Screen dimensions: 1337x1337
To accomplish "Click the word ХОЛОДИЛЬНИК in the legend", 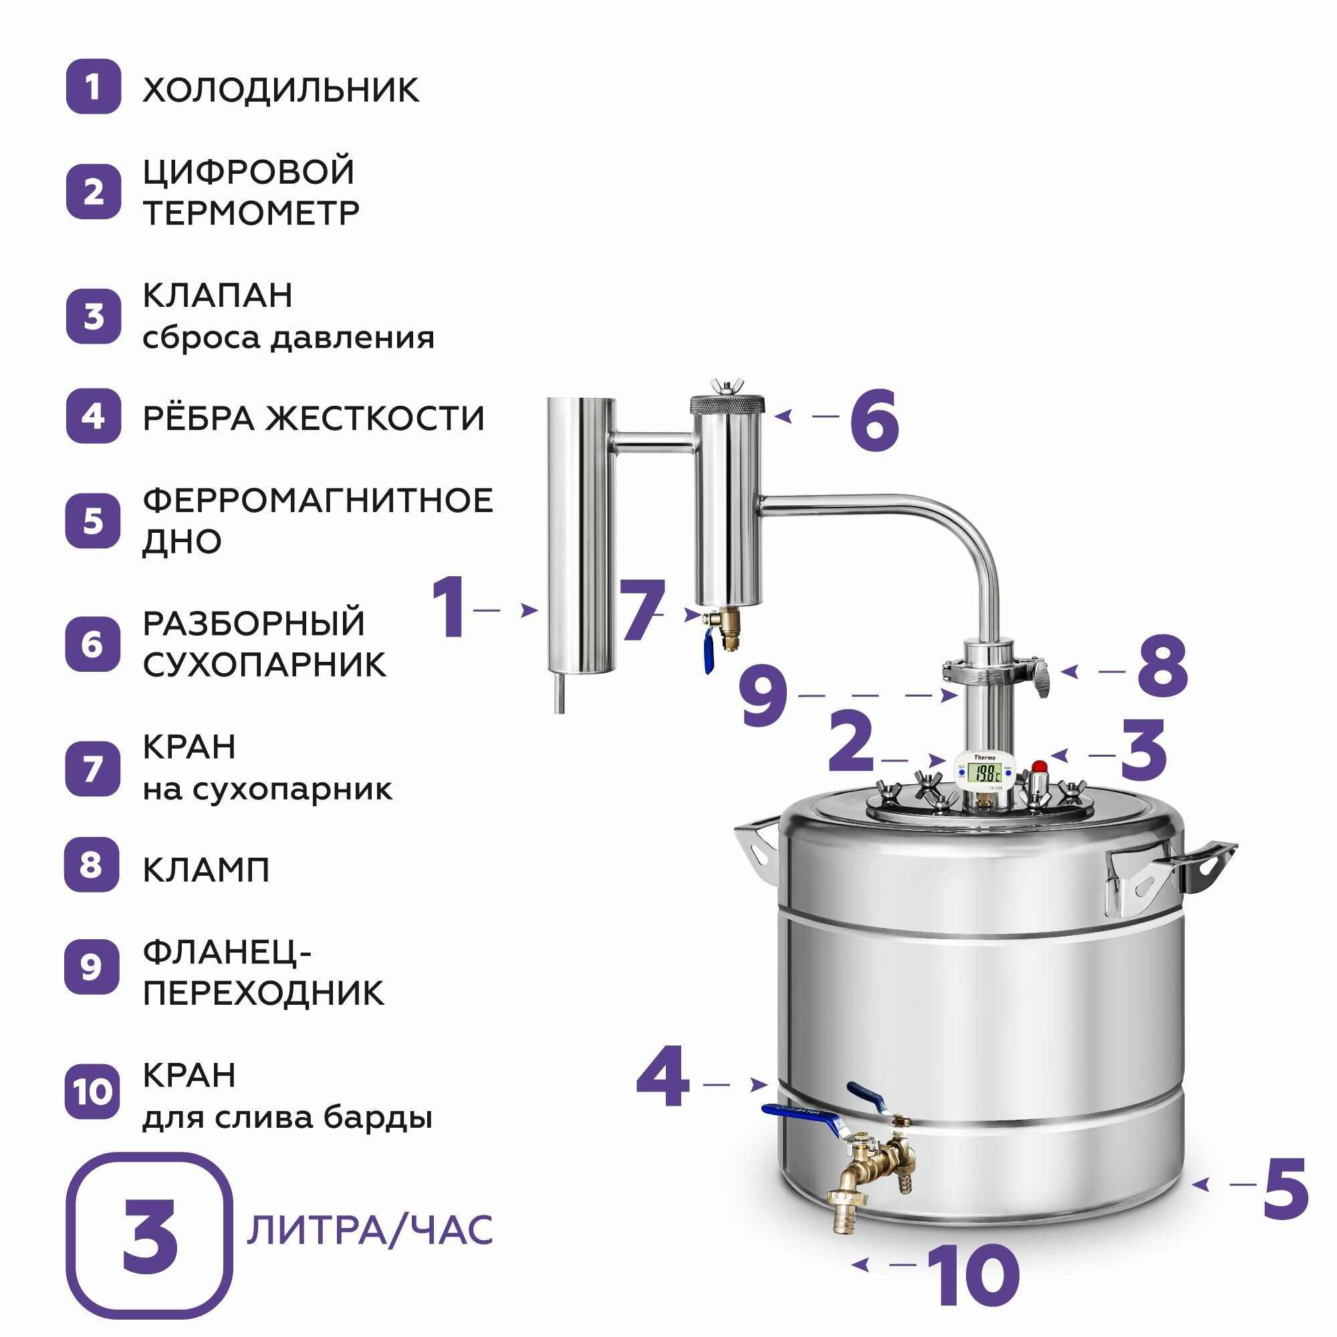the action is pyautogui.click(x=280, y=90).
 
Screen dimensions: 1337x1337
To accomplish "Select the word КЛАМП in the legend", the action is pyautogui.click(x=205, y=870).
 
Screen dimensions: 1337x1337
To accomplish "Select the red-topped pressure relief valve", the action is pyautogui.click(x=1039, y=783).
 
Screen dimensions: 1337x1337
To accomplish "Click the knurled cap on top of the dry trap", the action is pyautogui.click(x=727, y=404).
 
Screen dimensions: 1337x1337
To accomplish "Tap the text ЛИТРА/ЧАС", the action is pyautogui.click(x=370, y=1230).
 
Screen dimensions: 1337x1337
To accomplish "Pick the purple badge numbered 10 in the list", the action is pyautogui.click(x=92, y=1092).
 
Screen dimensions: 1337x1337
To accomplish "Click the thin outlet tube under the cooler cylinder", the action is pyautogui.click(x=558, y=693).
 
